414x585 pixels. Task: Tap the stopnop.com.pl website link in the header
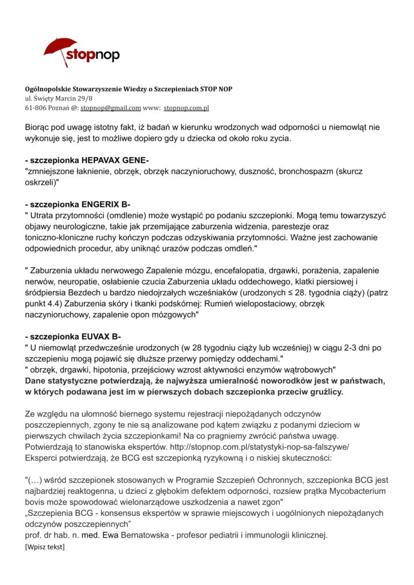[x=186, y=107]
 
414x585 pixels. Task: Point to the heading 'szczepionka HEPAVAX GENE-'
[x=87, y=161]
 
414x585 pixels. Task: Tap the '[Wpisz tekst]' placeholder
[x=45, y=547]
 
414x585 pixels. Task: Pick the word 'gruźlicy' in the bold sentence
[x=326, y=391]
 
